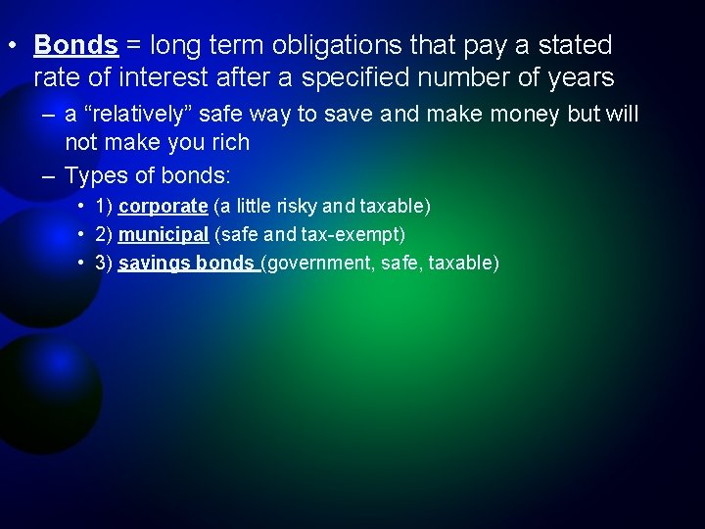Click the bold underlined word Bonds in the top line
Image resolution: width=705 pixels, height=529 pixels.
point(75,45)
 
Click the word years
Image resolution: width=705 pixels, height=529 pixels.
point(580,77)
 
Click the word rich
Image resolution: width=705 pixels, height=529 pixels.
point(228,143)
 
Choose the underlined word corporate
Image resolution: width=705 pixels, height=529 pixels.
point(163,207)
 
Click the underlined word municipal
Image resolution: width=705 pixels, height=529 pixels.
point(163,235)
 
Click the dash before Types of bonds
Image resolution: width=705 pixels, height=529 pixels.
point(48,176)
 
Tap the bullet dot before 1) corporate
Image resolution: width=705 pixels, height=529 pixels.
point(79,207)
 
